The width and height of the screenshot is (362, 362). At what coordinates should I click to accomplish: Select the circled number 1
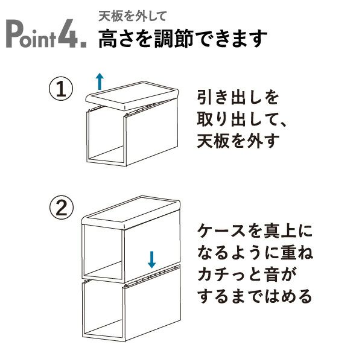[x=61, y=90]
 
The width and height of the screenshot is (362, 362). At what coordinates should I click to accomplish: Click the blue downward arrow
[x=151, y=259]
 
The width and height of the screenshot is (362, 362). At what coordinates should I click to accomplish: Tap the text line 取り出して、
[x=244, y=120]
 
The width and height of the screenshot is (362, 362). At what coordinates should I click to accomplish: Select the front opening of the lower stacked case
[x=104, y=311]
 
